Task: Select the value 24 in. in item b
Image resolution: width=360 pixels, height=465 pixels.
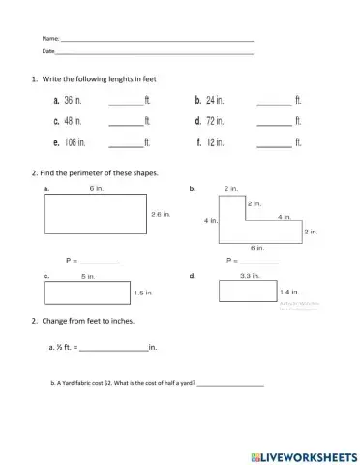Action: (x=215, y=100)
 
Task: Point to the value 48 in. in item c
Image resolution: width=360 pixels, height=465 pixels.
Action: (x=73, y=121)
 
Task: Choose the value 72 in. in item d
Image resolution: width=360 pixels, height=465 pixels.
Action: (x=215, y=121)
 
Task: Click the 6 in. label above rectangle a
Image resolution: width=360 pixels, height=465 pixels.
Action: (x=97, y=187)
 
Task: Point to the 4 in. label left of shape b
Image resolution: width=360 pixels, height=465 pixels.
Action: (x=210, y=220)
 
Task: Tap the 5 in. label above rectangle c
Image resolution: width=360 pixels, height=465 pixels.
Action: (x=87, y=276)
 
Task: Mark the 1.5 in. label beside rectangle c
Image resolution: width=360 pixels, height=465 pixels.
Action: (x=142, y=292)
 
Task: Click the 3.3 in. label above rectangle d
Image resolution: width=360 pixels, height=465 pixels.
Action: (x=249, y=276)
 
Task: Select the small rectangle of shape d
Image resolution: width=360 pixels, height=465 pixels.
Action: (x=250, y=292)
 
